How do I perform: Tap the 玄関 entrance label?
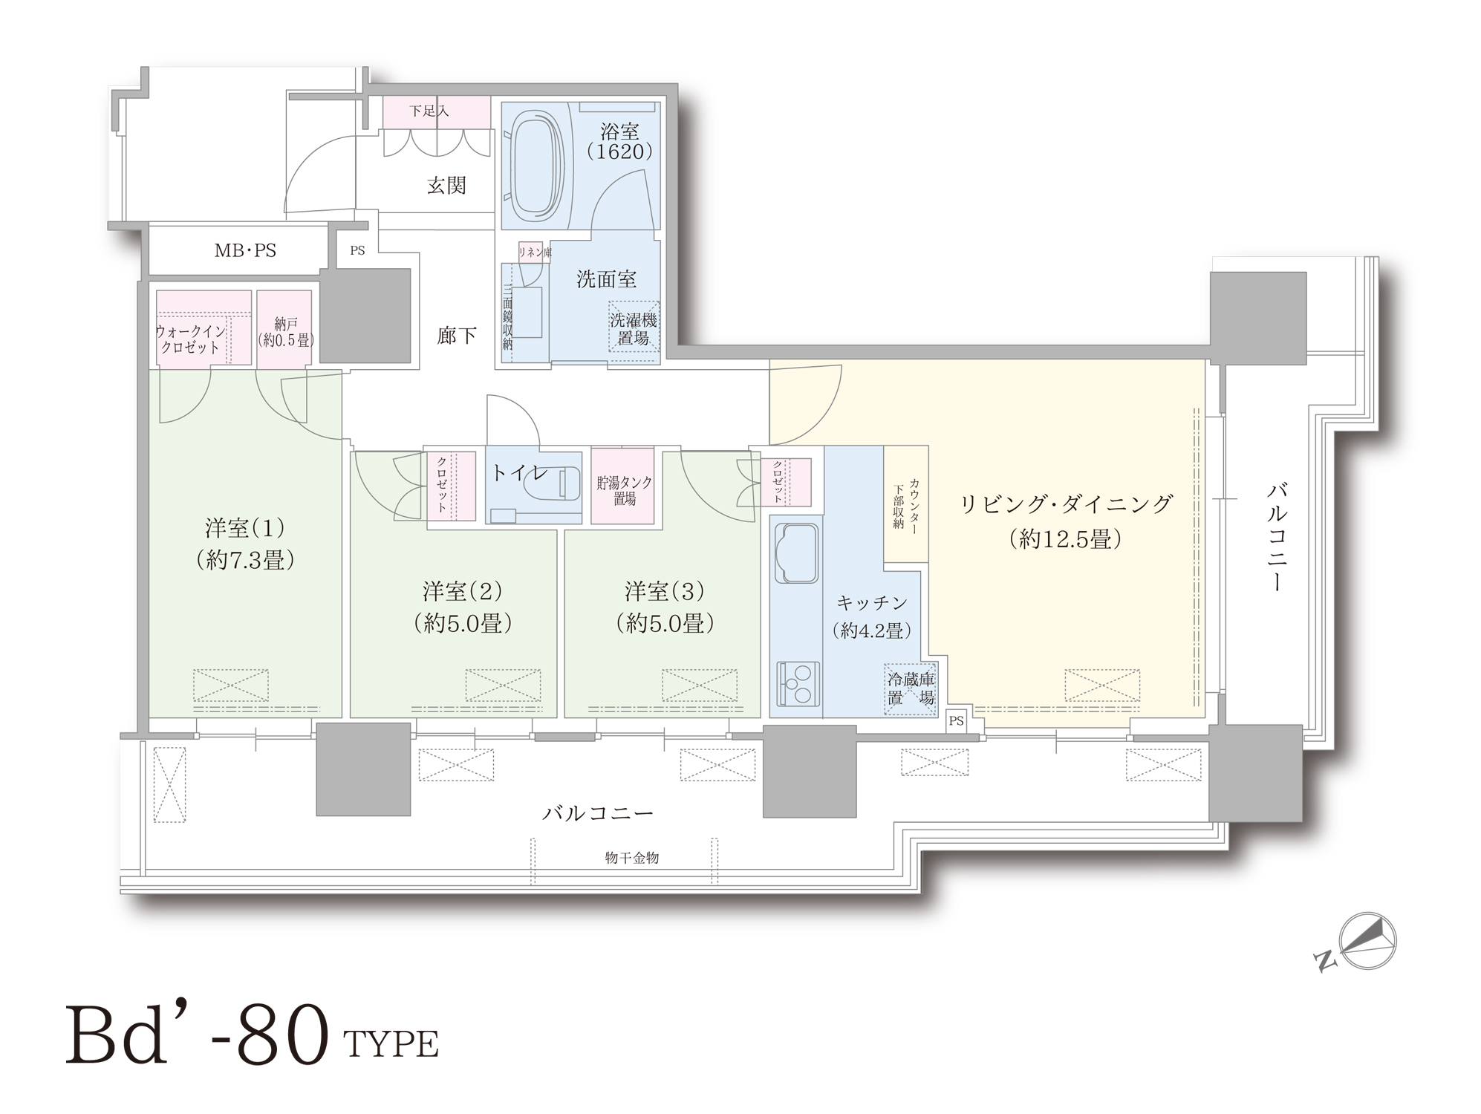pos(446,186)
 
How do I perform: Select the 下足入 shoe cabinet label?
pos(429,111)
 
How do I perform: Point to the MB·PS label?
pos(245,251)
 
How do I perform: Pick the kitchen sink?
pos(797,553)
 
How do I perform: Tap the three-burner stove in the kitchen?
pos(797,684)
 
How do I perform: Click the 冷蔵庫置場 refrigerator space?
pos(911,689)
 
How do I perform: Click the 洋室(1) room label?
pos(245,529)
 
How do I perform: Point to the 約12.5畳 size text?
pos(1065,539)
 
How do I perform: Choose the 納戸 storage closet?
pos(284,329)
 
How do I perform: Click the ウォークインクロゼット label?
pos(191,339)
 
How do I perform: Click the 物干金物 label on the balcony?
pos(632,858)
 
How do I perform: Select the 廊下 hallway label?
pos(456,336)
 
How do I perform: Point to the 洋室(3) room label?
pos(664,592)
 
